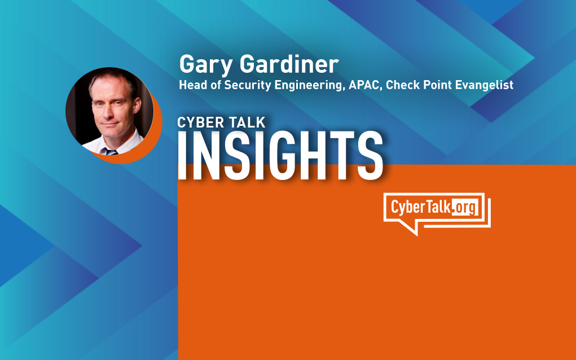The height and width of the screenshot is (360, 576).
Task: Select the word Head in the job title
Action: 190,85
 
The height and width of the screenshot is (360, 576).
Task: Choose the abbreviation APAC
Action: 366,85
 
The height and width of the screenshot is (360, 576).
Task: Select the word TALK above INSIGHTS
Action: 247,122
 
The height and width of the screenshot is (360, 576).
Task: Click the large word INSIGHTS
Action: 280,155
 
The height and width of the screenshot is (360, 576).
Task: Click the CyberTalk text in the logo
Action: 421,207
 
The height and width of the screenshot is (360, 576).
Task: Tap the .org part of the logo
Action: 465,208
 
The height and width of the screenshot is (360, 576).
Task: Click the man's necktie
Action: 111,151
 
